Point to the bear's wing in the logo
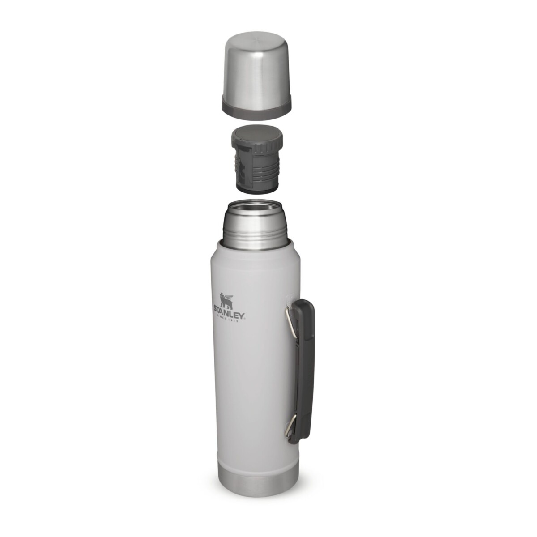pyautogui.click(x=230, y=297)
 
